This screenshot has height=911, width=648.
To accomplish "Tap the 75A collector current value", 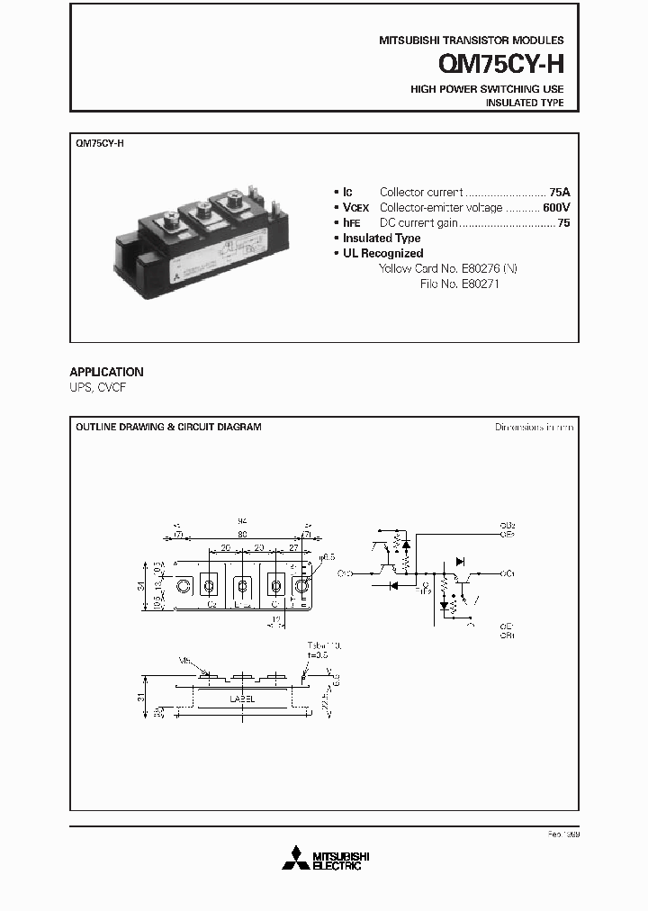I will click(560, 192).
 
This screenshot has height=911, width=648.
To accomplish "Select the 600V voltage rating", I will click(556, 207).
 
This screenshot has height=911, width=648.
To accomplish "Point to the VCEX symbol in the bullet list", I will click(356, 207).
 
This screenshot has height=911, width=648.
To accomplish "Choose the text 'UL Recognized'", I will click(382, 253).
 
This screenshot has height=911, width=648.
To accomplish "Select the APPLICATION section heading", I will click(106, 371).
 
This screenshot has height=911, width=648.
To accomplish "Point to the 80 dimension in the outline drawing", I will click(242, 534).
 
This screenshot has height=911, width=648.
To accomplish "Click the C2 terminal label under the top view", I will click(212, 605).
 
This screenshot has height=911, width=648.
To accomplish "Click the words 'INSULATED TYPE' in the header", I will click(525, 104).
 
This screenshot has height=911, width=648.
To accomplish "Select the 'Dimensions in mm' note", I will click(534, 427).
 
